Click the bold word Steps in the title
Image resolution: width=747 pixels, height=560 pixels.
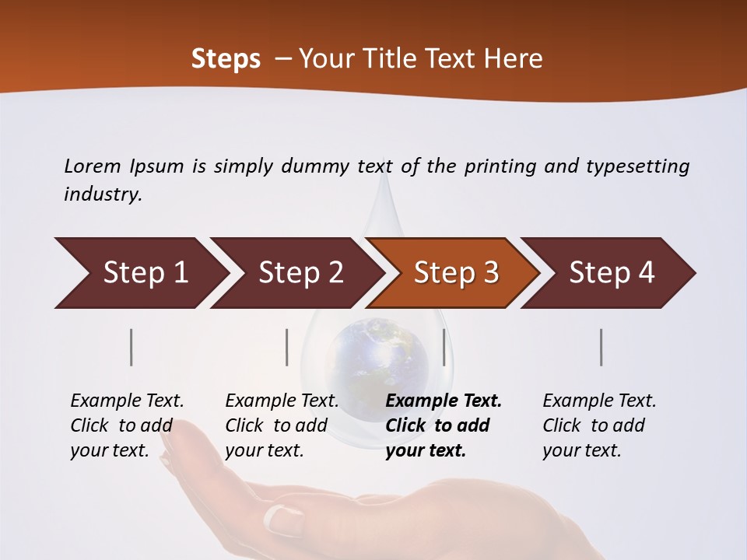tap(226, 58)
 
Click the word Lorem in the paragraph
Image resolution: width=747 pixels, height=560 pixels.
tap(92, 166)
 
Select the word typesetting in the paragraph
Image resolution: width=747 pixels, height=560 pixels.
tap(638, 166)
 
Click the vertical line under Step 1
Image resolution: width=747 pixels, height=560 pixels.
tap(132, 347)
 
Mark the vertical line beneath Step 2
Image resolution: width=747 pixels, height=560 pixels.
tap(287, 347)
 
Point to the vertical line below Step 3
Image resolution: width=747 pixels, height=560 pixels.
tap(444, 347)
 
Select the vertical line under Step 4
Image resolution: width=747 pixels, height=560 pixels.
tap(601, 347)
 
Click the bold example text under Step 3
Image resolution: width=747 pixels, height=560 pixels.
tap(442, 425)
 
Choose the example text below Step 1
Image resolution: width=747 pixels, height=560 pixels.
tap(126, 425)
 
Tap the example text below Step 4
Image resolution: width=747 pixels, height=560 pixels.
tap(598, 425)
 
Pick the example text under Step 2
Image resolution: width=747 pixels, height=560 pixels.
tap(281, 425)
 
